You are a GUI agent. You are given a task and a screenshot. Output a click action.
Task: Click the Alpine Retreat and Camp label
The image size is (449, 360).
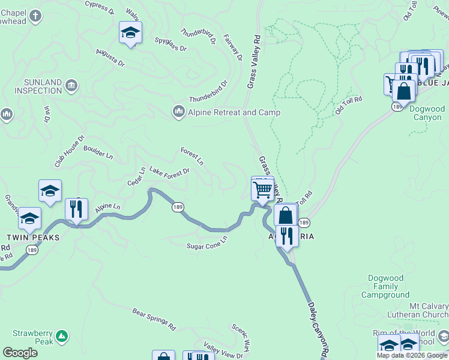tap(226, 112)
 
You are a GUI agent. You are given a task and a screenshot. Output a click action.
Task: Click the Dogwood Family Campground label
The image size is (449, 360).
tap(385, 287)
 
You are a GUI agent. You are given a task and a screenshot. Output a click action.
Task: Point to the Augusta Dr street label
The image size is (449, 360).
tap(110, 58)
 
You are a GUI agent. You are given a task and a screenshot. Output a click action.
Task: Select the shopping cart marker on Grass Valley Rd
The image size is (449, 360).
tap(262, 190)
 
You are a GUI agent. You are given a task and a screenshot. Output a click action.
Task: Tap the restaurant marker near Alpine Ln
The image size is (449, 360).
tap(76, 209)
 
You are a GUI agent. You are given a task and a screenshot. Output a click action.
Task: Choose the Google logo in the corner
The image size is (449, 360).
tap(20, 353)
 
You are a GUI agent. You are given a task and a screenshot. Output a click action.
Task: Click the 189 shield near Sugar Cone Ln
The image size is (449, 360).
tap(178, 207)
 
